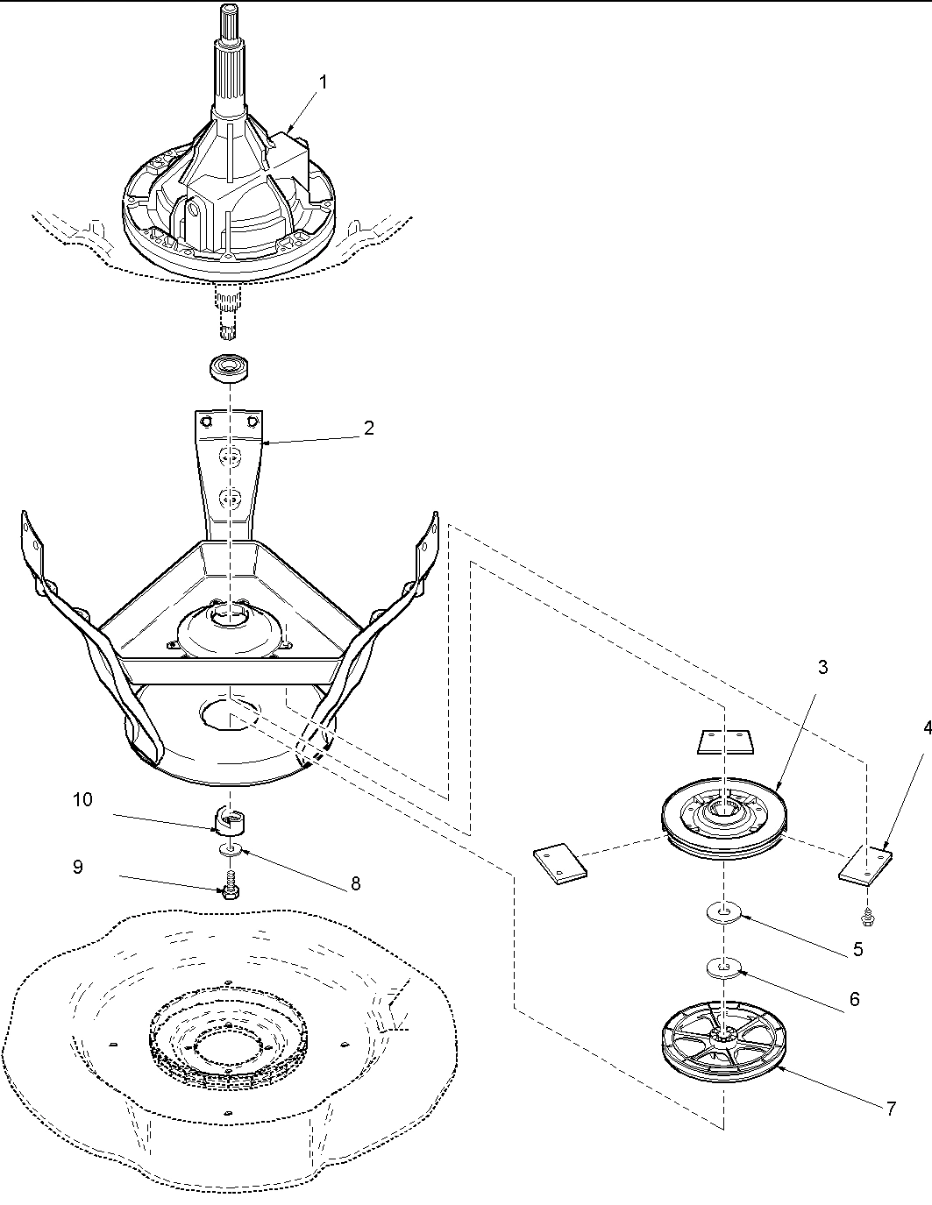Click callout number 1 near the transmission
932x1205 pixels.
coord(323,82)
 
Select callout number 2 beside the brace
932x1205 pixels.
coord(369,428)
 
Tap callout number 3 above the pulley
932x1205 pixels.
coord(822,667)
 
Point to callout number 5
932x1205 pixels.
coord(857,948)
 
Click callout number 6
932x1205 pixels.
coord(854,998)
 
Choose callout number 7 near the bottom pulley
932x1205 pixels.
coord(891,1109)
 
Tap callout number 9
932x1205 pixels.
coord(78,867)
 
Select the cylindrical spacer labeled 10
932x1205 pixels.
coord(231,821)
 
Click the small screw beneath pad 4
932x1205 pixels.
coord(867,918)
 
